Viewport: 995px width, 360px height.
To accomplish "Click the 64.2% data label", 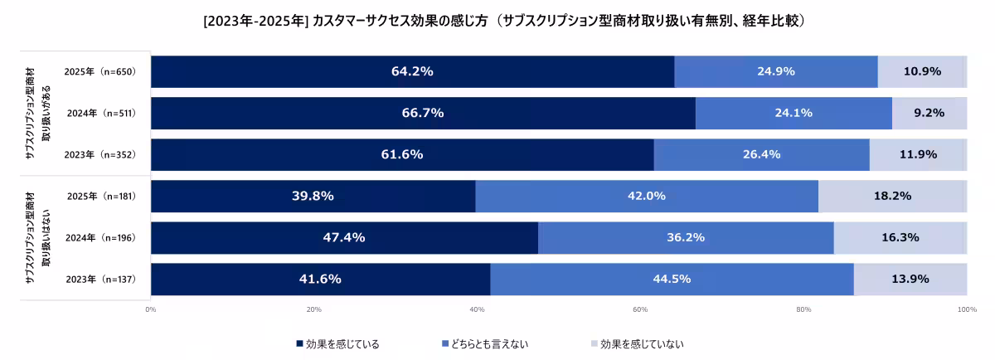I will (x=412, y=71).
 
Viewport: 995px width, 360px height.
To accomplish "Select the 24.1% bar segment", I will (x=793, y=113).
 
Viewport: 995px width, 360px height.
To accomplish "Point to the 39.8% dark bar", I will (x=313, y=196).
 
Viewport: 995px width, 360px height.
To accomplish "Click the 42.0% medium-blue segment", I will (x=646, y=196).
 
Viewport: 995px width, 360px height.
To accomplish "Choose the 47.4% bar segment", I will (x=343, y=237).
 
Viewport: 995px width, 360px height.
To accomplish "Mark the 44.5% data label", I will (x=672, y=279).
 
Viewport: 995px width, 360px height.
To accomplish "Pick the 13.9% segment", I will (x=910, y=279).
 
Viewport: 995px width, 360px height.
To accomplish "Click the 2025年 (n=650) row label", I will (x=99, y=72).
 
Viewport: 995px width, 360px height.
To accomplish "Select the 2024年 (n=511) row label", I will (x=99, y=113).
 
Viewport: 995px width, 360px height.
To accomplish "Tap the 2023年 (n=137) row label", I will (x=99, y=279).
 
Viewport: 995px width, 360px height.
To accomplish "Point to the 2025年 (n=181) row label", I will (x=99, y=196).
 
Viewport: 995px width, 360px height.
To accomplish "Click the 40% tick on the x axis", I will (x=477, y=310).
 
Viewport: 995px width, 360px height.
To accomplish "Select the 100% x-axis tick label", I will (x=967, y=310).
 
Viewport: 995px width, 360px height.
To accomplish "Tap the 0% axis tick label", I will (x=151, y=310).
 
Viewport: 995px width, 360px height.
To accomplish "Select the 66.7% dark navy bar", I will (x=423, y=113).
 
